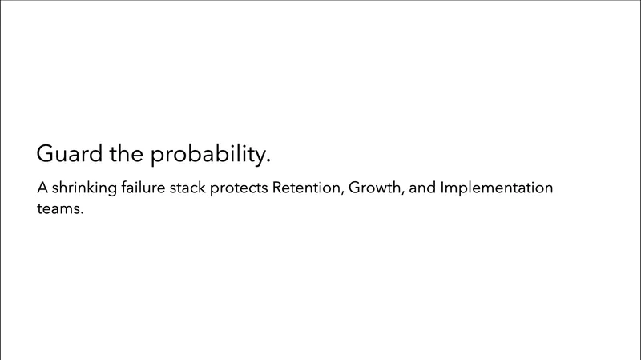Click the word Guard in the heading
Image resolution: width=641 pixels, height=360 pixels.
click(68, 154)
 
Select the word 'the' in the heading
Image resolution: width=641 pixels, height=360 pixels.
click(125, 154)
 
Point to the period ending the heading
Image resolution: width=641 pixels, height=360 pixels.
click(268, 162)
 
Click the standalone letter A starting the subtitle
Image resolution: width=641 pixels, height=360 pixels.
click(42, 190)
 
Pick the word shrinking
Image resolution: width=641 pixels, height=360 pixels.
click(83, 191)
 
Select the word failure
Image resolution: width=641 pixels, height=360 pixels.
click(143, 190)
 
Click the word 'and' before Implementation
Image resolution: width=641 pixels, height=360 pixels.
click(422, 190)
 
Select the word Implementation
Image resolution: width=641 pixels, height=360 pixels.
click(497, 191)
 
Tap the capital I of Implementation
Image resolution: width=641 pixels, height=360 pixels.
click(443, 190)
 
